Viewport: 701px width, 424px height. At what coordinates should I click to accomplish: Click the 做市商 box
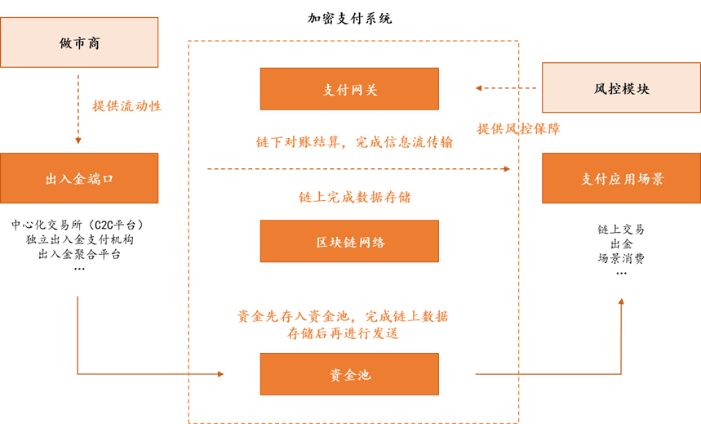pos(79,42)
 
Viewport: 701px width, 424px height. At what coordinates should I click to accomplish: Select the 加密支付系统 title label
pos(349,18)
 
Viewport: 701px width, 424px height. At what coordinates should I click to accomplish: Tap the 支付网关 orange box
pos(349,89)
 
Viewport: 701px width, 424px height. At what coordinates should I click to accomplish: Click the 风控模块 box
pos(621,88)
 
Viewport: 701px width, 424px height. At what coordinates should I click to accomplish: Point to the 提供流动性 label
pos(126,105)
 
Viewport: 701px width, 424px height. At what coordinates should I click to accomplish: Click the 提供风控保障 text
pos(518,129)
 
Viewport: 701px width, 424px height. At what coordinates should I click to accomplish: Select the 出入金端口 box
pos(79,178)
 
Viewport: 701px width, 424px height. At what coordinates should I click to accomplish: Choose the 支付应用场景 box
pos(621,178)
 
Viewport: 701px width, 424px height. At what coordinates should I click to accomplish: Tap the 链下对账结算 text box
pos(353,141)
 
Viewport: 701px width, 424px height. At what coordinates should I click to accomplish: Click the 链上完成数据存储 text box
pos(353,197)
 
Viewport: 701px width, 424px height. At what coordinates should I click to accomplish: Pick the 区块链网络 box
pos(349,241)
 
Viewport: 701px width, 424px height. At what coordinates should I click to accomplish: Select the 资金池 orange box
pos(349,374)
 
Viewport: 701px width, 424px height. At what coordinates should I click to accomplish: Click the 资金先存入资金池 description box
pos(342,324)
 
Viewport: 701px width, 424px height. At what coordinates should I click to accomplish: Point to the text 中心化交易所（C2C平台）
pos(78,225)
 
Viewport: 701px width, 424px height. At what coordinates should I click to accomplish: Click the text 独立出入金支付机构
pos(78,240)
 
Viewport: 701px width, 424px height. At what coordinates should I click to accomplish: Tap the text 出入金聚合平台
pos(78,254)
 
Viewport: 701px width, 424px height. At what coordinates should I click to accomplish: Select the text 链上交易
pos(621,230)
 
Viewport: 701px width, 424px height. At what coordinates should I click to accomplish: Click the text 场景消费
pos(621,258)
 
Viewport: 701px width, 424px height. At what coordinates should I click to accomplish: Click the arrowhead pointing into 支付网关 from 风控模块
pos(480,88)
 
